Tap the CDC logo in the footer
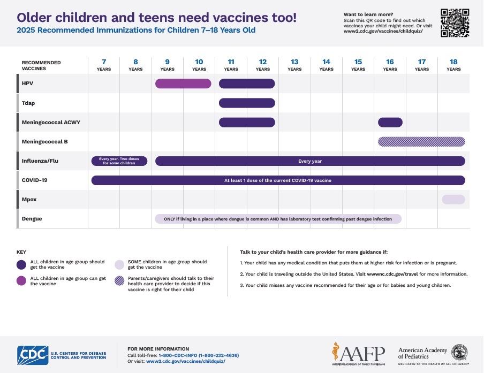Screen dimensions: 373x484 coord(32,354)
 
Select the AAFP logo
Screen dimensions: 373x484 coord(358,354)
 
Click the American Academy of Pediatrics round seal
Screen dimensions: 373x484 coord(459,352)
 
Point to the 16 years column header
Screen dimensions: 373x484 coord(390,65)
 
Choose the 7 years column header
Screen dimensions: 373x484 coord(103,65)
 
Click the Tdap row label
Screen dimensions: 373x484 coord(28,103)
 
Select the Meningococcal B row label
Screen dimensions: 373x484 coord(44,142)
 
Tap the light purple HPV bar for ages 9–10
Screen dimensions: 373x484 coord(183,83)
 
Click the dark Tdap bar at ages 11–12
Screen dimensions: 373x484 coord(247,103)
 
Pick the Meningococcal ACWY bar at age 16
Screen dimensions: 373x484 coord(390,123)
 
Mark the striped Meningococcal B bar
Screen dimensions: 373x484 coord(421,142)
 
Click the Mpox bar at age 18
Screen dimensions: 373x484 coord(453,200)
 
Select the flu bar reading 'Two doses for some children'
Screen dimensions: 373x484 coord(119,161)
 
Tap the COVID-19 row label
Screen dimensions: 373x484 coord(34,180)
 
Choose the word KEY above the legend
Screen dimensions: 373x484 coord(21,252)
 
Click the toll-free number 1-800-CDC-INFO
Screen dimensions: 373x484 coord(199,355)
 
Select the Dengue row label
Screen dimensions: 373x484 coord(32,219)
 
